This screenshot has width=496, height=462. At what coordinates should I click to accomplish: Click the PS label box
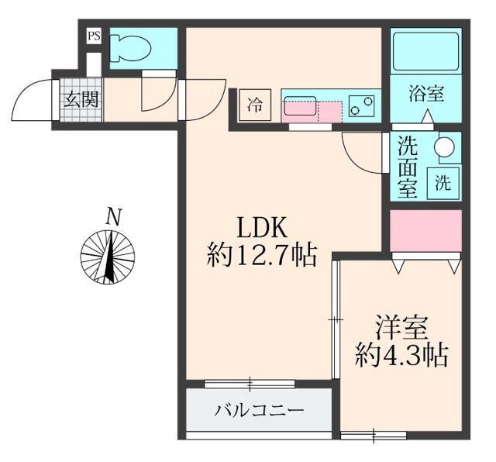point(94,36)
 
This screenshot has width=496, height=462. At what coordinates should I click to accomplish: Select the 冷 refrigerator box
point(255,104)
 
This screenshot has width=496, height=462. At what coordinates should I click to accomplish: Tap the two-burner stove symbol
point(361,105)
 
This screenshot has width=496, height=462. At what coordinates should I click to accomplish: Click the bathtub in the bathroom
point(425,52)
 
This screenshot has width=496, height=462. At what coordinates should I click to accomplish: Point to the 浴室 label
point(426,95)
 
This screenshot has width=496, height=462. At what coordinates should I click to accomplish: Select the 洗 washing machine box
point(443,183)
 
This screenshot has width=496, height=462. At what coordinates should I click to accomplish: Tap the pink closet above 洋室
point(425,230)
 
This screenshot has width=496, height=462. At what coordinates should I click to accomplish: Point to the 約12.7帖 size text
point(262,254)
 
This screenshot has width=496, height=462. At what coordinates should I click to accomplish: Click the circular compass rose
point(109,257)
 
